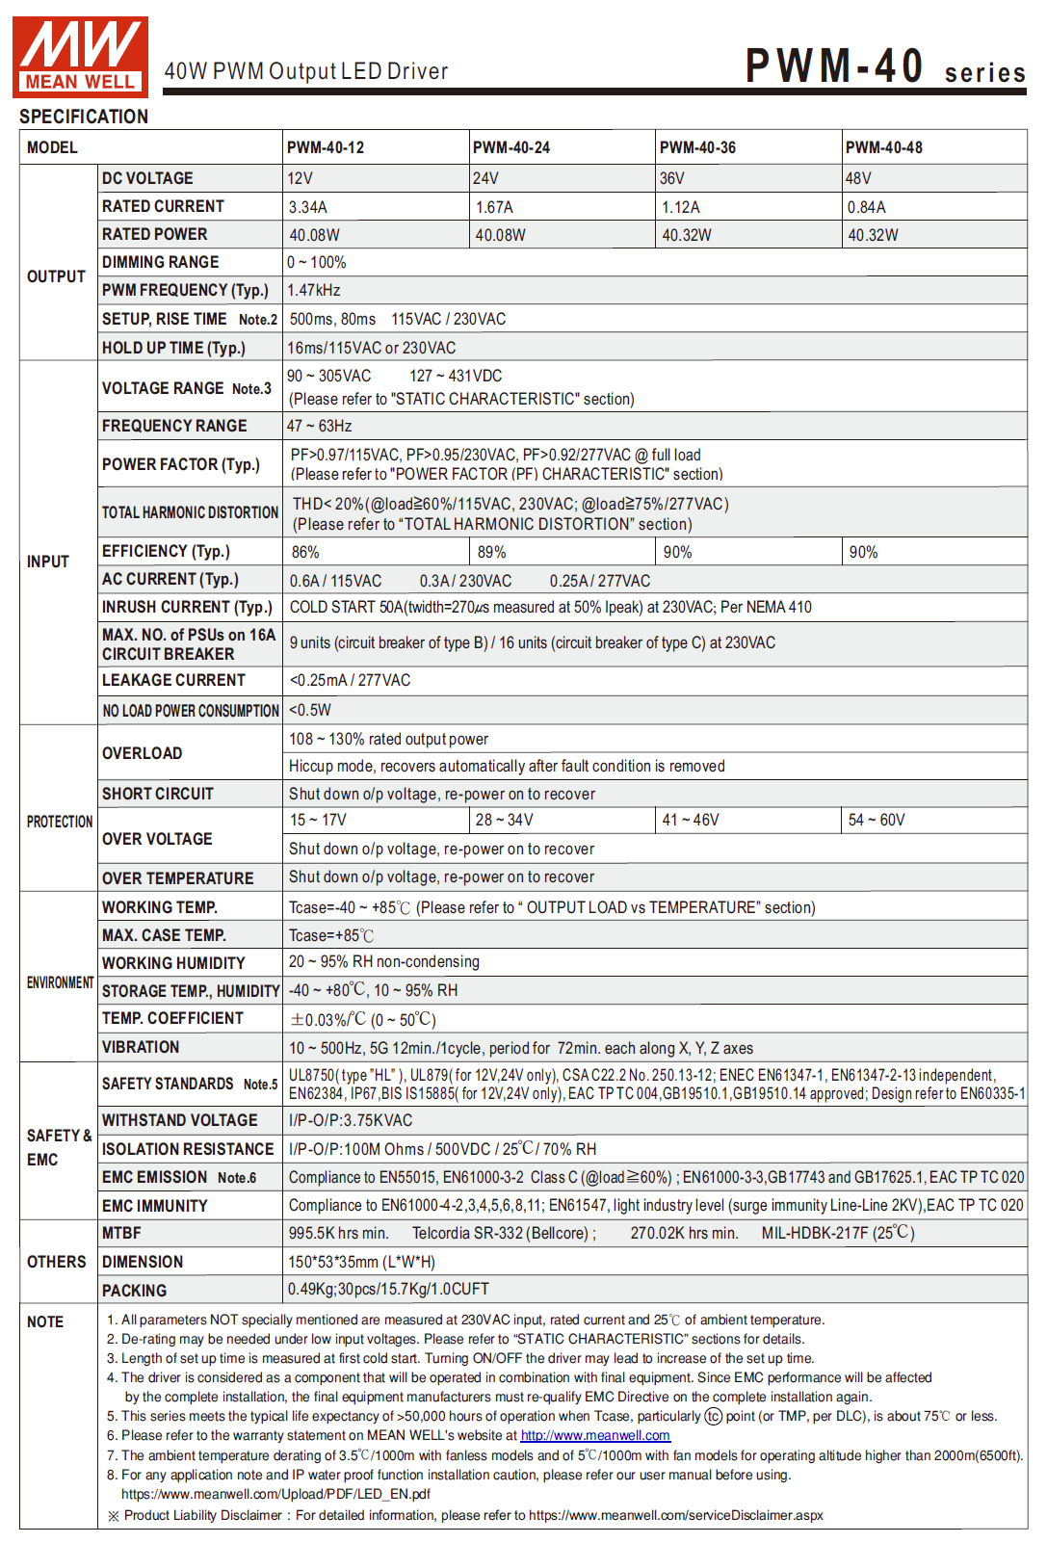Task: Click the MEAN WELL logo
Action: point(80,57)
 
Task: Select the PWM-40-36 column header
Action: point(697,147)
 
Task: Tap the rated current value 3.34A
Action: point(308,207)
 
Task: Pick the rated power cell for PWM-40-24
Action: point(500,235)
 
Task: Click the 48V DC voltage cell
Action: point(858,178)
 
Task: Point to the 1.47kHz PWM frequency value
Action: point(314,290)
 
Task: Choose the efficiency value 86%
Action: point(305,552)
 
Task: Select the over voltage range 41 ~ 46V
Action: point(690,820)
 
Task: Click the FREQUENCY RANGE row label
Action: point(174,426)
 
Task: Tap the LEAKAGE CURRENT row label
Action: point(173,680)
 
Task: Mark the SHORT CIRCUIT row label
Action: point(158,794)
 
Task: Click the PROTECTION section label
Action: point(60,822)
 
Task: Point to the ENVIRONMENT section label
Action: point(60,982)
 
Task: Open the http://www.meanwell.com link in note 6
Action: point(595,1435)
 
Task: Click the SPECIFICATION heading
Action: point(84,117)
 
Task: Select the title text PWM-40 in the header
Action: point(834,66)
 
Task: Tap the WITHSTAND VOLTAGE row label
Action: point(180,1120)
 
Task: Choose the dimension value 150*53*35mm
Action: point(361,1262)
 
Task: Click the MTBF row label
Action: point(121,1233)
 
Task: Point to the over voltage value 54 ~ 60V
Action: point(877,820)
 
